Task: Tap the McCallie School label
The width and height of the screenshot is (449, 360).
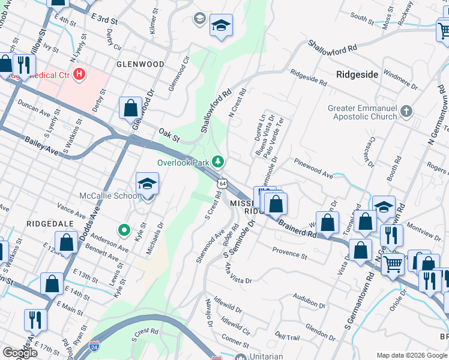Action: (x=109, y=196)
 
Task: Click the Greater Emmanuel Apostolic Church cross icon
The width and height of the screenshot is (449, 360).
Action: (x=406, y=112)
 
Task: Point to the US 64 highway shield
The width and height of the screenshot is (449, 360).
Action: (x=223, y=182)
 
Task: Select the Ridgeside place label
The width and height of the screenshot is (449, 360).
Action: (x=357, y=74)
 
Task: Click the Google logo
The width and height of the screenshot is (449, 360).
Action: (x=20, y=353)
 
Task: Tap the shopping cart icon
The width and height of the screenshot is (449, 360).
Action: (x=392, y=262)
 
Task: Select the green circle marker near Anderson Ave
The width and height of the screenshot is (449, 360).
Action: (x=124, y=229)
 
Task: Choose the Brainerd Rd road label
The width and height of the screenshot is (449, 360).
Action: (x=297, y=227)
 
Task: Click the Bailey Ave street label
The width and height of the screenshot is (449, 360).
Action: (x=43, y=146)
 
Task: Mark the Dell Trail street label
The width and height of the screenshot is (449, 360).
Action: (x=288, y=338)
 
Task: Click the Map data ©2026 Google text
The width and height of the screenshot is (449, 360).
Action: (x=412, y=355)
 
